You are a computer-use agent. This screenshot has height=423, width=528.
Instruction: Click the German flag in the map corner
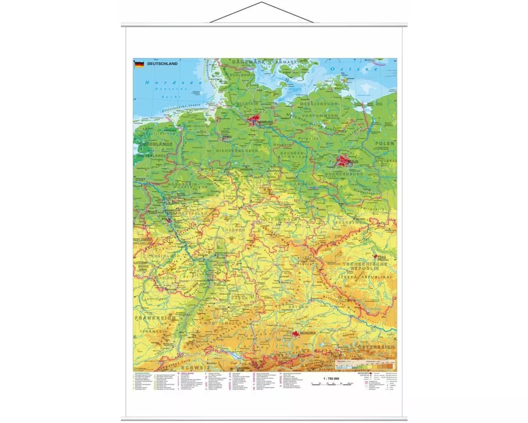[139, 64]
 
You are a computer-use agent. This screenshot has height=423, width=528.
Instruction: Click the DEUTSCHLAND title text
[163, 64]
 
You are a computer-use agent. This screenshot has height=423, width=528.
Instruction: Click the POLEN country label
[385, 143]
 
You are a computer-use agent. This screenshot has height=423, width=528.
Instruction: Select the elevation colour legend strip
[364, 365]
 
